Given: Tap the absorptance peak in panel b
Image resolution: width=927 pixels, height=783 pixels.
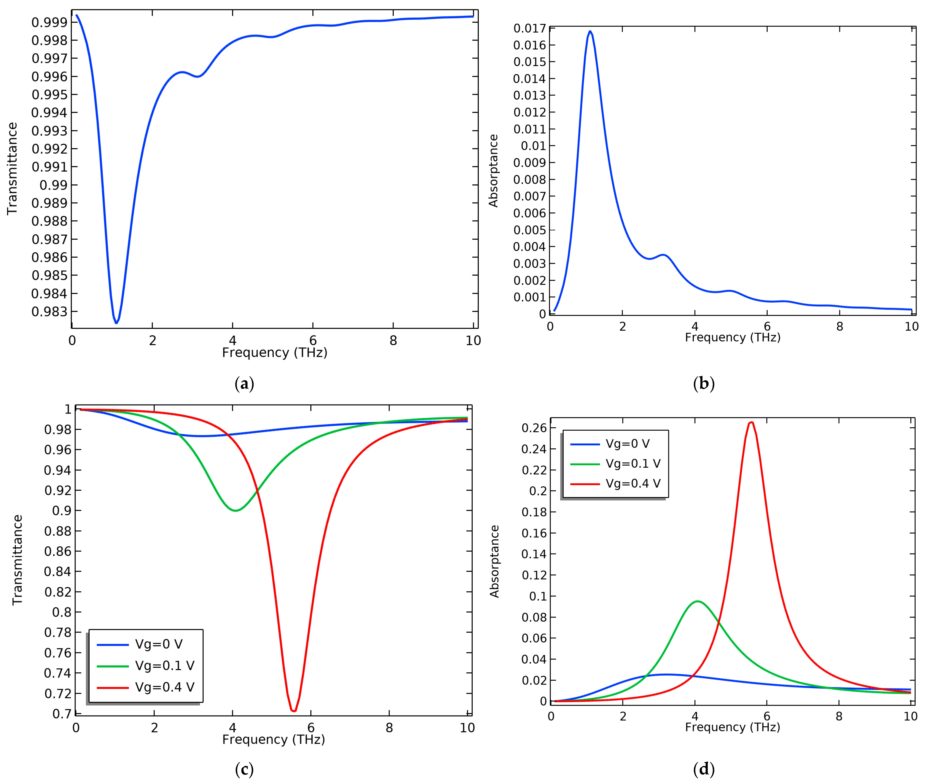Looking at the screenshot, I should [590, 32].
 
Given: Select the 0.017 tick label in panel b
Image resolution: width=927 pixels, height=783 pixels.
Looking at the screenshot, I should [530, 28].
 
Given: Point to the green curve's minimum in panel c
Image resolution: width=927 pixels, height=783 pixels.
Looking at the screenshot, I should [235, 510].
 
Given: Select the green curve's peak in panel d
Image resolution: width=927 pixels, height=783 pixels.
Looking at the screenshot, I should [697, 602].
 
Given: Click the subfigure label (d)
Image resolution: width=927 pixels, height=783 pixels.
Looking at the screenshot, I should [704, 769].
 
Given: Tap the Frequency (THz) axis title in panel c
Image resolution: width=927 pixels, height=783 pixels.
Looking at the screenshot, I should [273, 740].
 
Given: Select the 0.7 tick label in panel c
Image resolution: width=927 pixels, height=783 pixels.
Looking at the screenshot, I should [61, 714].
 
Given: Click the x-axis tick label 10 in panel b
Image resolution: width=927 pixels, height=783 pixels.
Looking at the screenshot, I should [911, 327].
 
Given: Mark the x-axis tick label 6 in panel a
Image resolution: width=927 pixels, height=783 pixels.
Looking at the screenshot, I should [313, 340].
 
